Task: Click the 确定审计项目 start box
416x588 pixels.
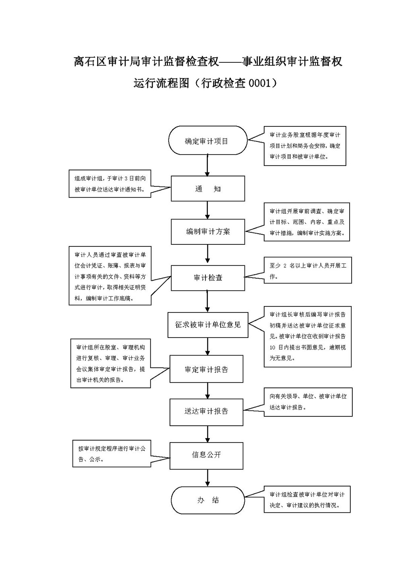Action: click(x=207, y=141)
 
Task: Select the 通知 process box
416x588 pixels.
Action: click(x=208, y=188)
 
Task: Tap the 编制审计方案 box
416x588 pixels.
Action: click(x=208, y=232)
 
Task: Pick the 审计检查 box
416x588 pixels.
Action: click(x=208, y=278)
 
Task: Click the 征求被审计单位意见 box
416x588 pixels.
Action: click(x=208, y=325)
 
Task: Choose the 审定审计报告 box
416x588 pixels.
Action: click(x=206, y=369)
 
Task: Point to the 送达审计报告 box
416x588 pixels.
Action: click(x=206, y=412)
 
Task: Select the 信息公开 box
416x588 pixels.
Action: click(x=206, y=455)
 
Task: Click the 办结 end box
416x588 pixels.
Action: click(x=208, y=500)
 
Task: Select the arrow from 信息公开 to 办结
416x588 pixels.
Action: click(x=207, y=478)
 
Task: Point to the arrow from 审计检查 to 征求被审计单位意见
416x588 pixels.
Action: click(x=207, y=301)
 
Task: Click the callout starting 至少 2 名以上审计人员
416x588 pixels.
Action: click(x=308, y=271)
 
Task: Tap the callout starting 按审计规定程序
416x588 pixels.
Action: click(x=112, y=453)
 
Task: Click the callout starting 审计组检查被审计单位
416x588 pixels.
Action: click(x=307, y=499)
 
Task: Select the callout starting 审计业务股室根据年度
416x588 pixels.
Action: click(x=305, y=145)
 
